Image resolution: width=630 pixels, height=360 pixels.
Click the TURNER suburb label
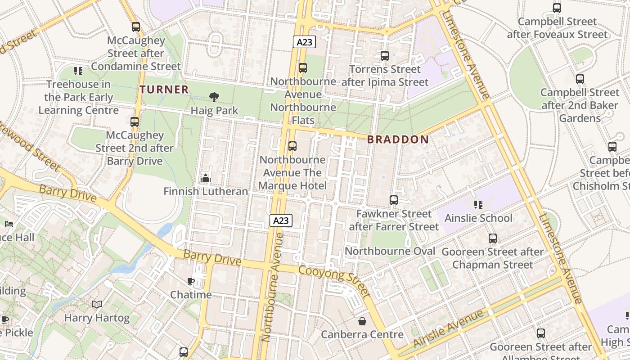click(164, 90)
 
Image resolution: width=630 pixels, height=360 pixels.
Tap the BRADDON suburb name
click(398, 139)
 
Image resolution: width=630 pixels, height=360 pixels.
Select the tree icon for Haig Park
click(214, 97)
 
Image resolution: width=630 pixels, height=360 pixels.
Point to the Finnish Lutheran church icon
click(206, 179)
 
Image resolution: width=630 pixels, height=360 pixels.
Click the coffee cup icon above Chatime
click(191, 282)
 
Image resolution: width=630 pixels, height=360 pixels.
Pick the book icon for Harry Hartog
click(97, 305)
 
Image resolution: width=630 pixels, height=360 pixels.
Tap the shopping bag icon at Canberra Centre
click(362, 321)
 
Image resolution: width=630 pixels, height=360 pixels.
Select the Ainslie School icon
click(478, 205)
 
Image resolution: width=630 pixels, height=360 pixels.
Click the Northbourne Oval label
click(390, 251)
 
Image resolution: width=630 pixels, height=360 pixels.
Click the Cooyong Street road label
click(334, 281)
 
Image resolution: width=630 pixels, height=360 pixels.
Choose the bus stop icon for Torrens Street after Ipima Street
click(384, 56)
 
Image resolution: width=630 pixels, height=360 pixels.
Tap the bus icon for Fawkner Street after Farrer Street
click(394, 200)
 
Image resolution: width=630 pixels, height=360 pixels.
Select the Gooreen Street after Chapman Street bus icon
click(493, 238)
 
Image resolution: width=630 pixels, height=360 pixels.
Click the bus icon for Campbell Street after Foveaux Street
click(557, 8)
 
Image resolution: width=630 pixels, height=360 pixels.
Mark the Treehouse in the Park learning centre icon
click(78, 71)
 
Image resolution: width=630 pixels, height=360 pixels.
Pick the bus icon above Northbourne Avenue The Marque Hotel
click(292, 146)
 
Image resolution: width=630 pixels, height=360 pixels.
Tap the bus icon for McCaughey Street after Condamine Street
click(136, 27)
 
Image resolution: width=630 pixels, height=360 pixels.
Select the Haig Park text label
click(214, 111)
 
